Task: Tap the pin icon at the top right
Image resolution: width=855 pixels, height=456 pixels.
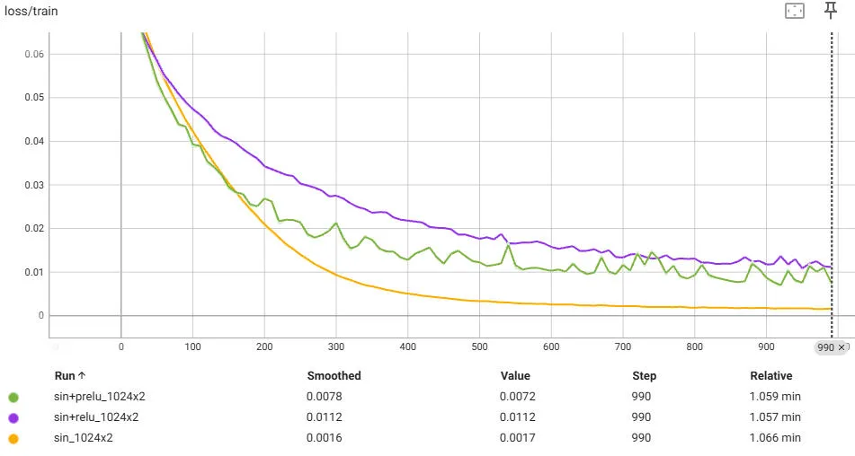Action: click(x=832, y=11)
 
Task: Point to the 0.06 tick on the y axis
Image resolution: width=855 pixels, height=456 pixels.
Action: click(x=33, y=54)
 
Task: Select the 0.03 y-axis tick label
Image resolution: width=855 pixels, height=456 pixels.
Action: click(x=33, y=185)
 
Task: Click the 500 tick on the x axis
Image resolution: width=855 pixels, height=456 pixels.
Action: click(x=479, y=346)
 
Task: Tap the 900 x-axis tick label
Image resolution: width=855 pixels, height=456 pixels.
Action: click(x=766, y=346)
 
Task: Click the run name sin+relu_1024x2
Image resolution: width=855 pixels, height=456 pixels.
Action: click(x=95, y=417)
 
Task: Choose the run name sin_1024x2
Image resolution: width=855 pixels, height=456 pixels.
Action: click(x=83, y=438)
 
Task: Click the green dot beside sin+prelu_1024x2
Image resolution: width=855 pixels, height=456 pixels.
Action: click(x=13, y=396)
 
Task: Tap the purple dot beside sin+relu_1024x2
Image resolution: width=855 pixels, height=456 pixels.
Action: click(x=13, y=417)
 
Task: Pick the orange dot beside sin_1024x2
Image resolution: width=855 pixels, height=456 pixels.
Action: click(x=13, y=438)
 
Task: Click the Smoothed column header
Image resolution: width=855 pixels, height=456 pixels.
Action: click(x=334, y=376)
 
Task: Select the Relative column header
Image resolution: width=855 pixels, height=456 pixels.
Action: click(x=770, y=376)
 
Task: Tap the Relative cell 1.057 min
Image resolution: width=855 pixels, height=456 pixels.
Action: click(x=775, y=417)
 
